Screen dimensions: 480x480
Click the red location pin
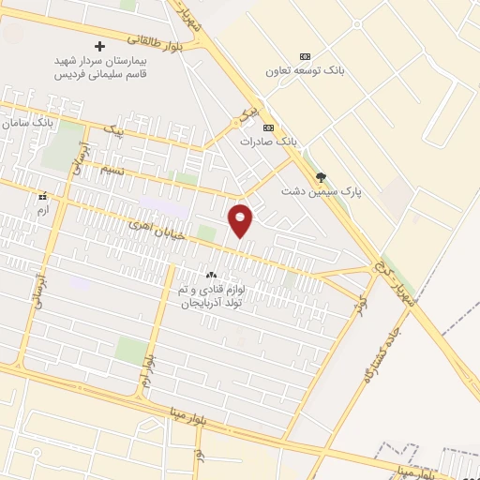pos(241,219)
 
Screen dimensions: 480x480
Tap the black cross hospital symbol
pos(101,46)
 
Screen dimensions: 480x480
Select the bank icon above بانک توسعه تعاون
pos(303,56)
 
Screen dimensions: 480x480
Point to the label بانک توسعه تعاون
pos(299,71)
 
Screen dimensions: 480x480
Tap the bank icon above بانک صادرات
pos(268,127)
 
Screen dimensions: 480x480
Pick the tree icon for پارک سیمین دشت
pos(322,176)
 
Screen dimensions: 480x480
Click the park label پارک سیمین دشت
pos(322,191)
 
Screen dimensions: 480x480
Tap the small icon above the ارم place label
pos(42,197)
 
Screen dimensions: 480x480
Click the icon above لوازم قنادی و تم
pos(211,276)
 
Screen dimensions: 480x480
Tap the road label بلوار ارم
pos(146,352)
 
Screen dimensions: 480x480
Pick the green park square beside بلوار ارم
pos(131,349)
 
